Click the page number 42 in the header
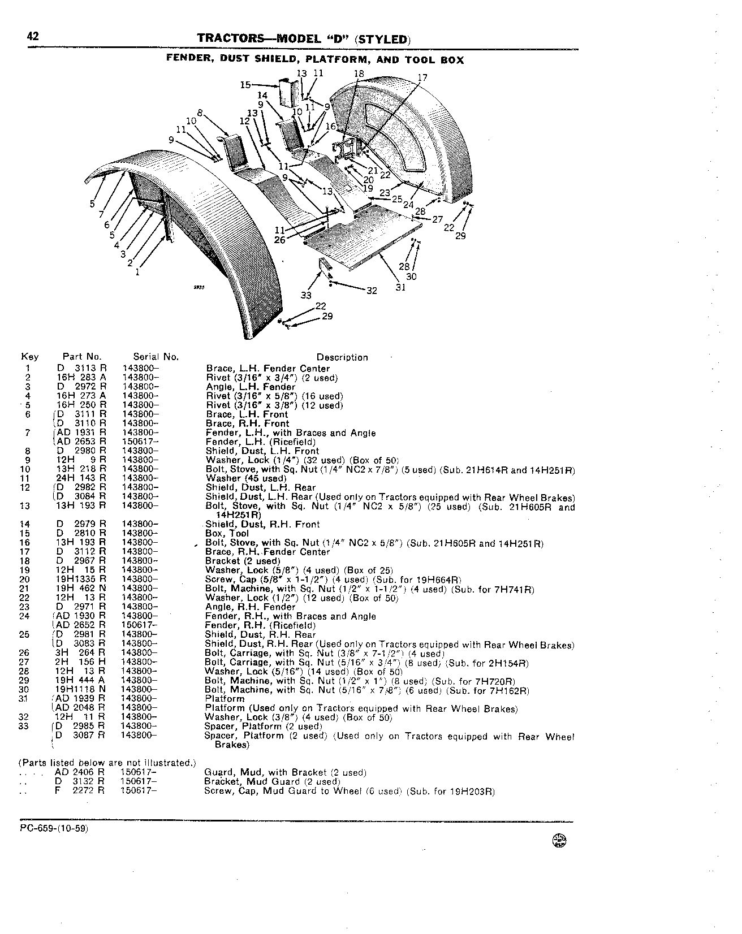click(32, 37)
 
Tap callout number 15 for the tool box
click(245, 85)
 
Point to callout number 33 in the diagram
click(306, 295)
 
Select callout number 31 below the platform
click(400, 287)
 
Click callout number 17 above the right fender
click(422, 77)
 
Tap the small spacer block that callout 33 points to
click(324, 266)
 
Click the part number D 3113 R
click(81, 369)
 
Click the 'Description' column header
click(342, 357)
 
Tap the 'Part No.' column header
click(82, 357)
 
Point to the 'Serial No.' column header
click(156, 357)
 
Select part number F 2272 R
click(80, 791)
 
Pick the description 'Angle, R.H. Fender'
click(251, 607)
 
